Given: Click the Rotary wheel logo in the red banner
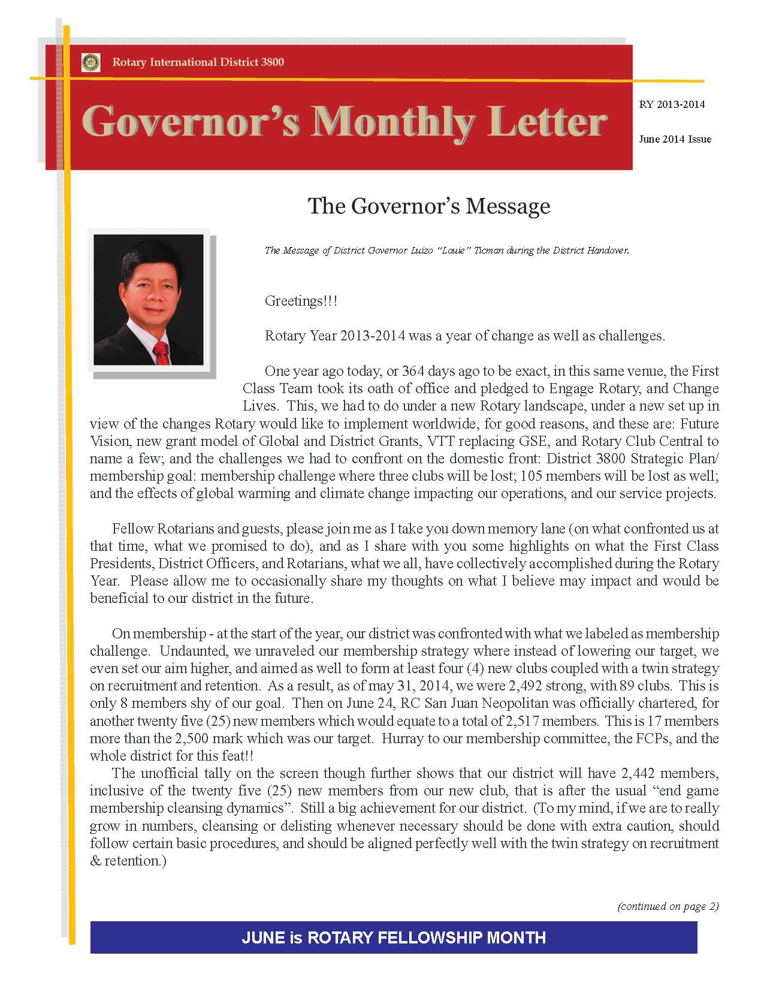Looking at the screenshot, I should coord(90,62).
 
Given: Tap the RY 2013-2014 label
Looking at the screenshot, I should coord(672,104).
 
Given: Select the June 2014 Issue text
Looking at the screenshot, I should coord(675,139).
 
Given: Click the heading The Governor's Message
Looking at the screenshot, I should coord(428,206).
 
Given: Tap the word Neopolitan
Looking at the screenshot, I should coord(503,703).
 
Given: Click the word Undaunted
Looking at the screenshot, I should coord(186,651).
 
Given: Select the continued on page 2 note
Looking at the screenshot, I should coord(668,906).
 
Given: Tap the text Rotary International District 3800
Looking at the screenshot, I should coord(198,62).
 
